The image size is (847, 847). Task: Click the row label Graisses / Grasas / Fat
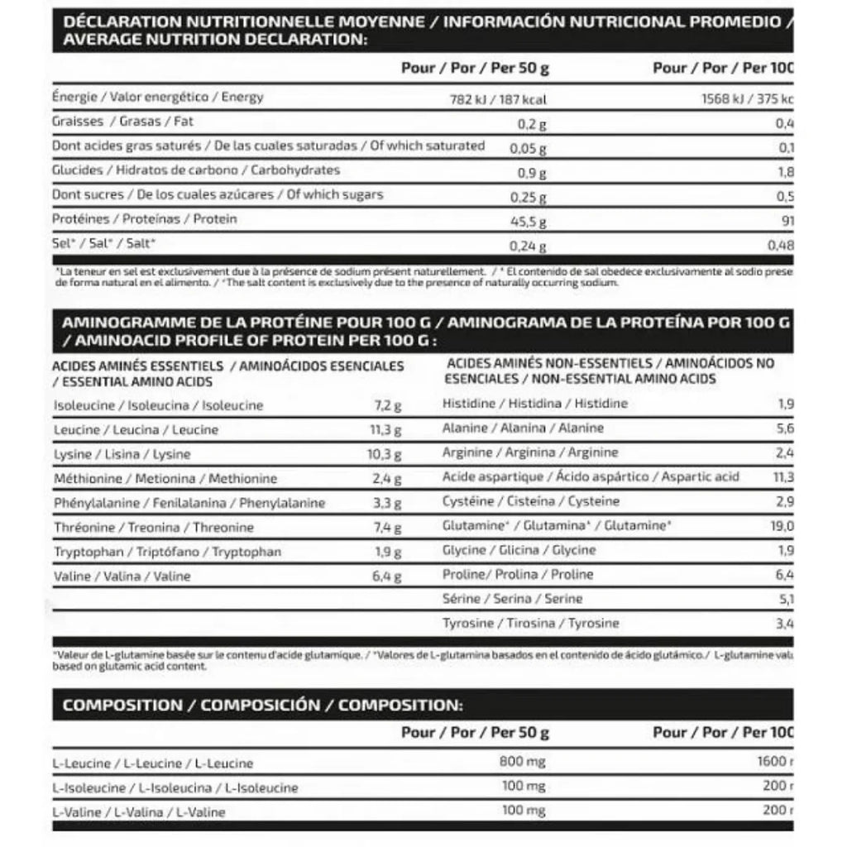[123, 122]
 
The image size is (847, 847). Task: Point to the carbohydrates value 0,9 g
[534, 174]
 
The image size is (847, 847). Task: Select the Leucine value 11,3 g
[385, 430]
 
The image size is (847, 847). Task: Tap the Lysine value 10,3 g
[384, 455]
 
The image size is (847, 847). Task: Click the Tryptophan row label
[167, 552]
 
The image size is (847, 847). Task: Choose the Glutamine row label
[557, 525]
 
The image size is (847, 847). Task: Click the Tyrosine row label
[531, 623]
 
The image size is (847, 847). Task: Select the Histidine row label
[535, 404]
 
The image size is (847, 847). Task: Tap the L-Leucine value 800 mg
[523, 762]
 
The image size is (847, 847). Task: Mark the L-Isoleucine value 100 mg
[524, 787]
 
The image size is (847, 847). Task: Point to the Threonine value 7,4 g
[385, 528]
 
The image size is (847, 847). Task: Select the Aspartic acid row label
[591, 476]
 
